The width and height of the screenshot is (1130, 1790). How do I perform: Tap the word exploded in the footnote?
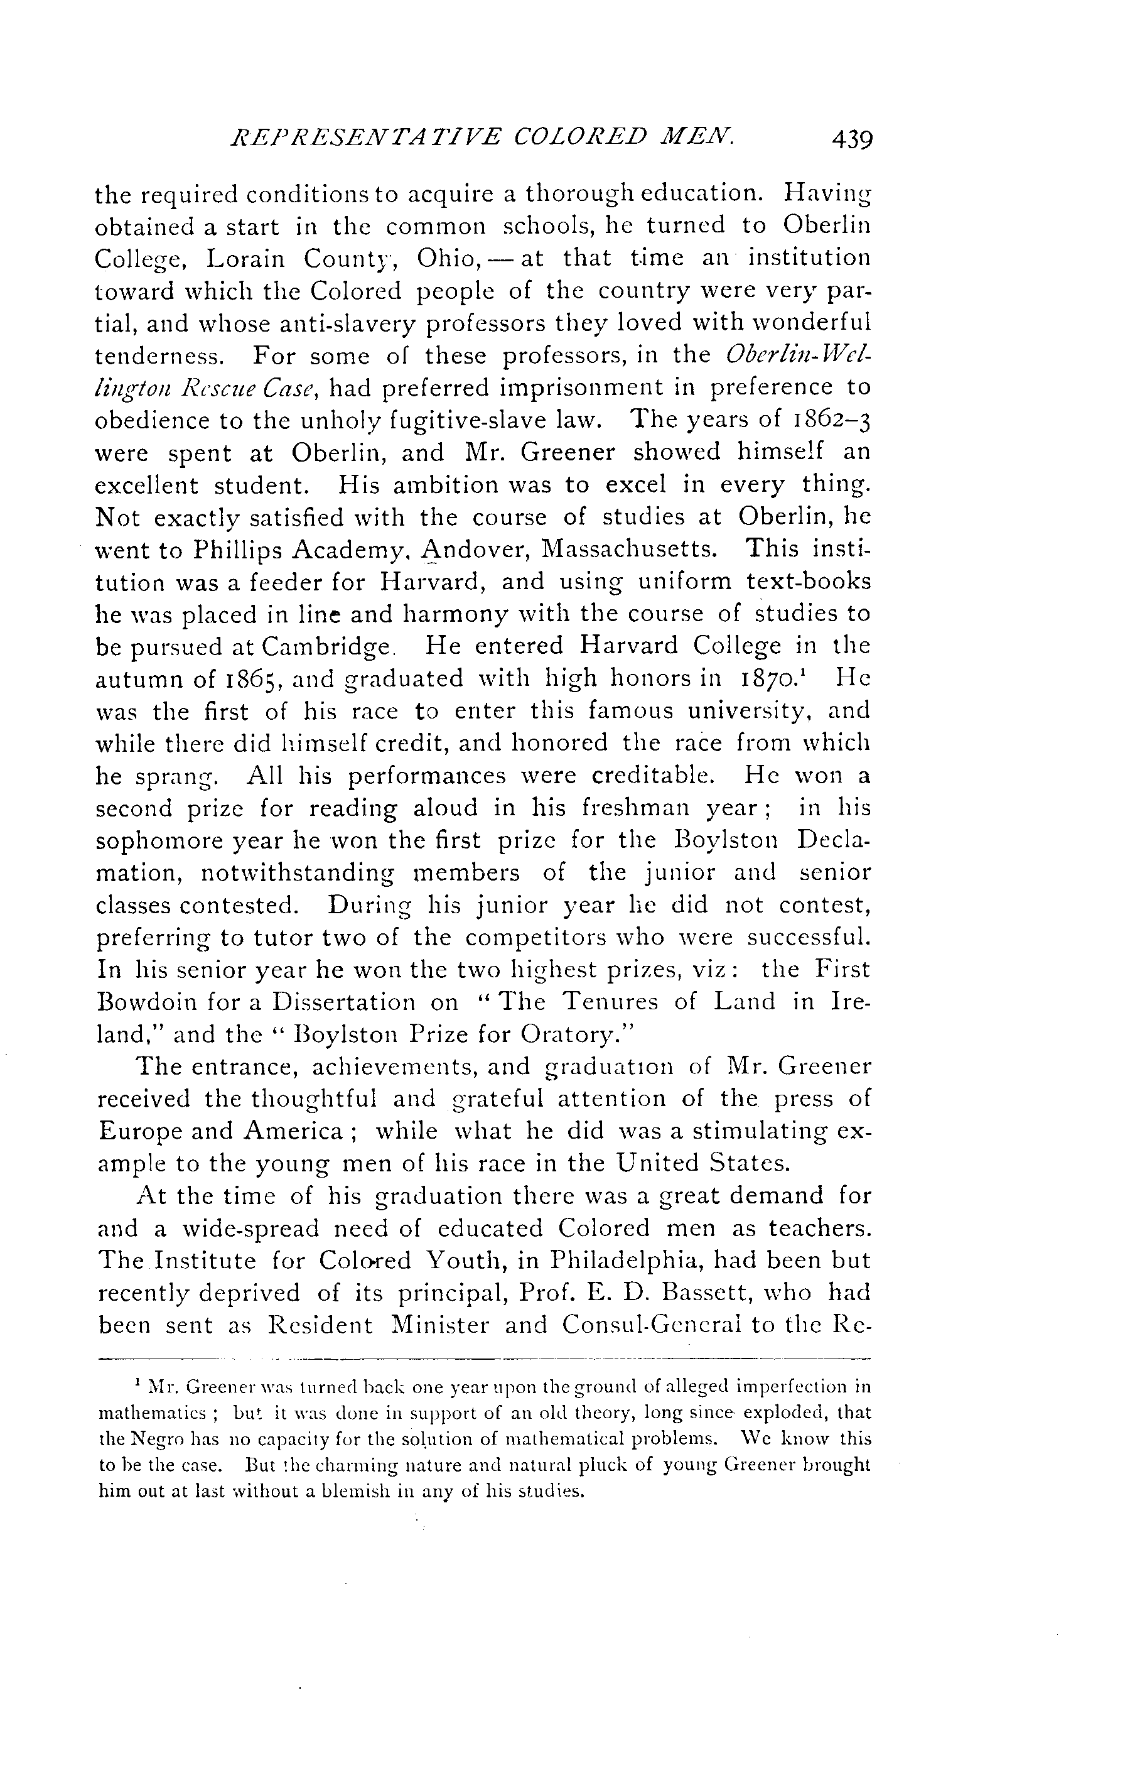[x=781, y=1413]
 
